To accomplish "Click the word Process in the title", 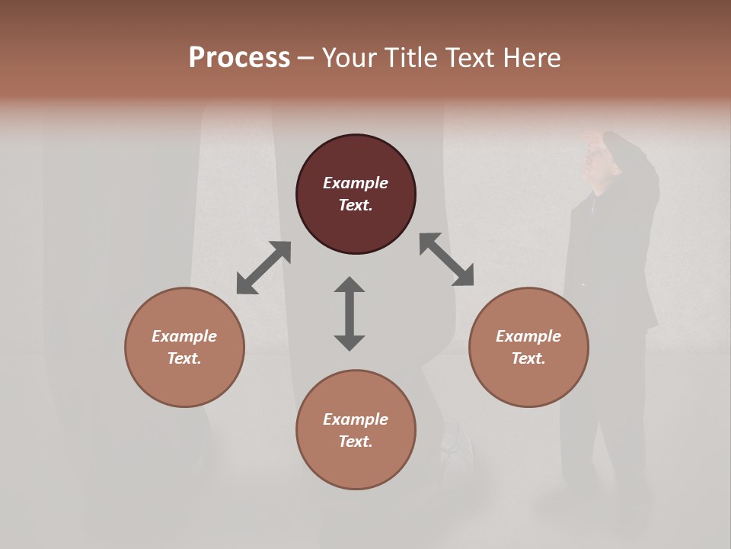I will (x=239, y=57).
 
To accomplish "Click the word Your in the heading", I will (x=350, y=57).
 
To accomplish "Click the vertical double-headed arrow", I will (x=350, y=313).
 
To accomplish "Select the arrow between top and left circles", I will (x=263, y=268).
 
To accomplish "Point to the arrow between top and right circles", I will (x=446, y=259).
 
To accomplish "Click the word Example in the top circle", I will (x=356, y=183).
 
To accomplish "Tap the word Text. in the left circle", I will (x=184, y=358).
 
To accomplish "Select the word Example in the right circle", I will (x=528, y=336).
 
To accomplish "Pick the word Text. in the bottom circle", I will (x=356, y=441).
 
